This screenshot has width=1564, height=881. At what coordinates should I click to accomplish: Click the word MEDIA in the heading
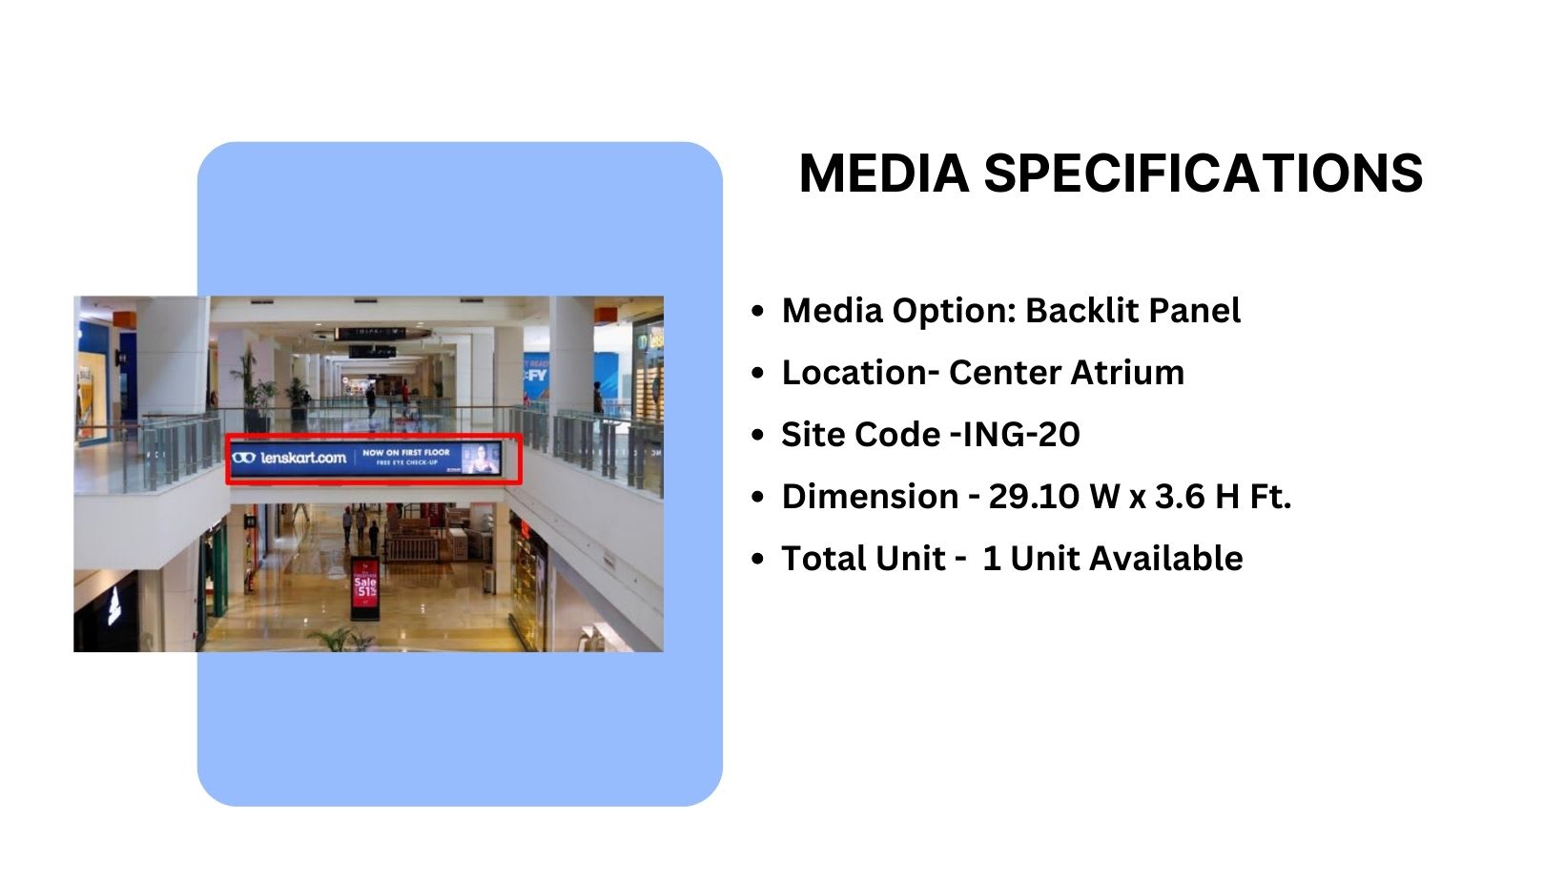pos(883,174)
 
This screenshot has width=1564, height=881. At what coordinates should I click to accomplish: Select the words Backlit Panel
pos(1133,311)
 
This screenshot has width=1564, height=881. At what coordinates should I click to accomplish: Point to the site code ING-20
pos(1020,435)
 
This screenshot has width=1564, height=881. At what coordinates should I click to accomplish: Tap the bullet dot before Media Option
pos(758,311)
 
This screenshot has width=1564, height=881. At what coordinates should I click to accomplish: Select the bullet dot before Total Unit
pos(758,559)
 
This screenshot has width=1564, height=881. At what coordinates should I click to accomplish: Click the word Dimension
pos(870,497)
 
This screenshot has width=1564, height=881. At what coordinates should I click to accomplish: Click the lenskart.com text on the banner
pos(303,459)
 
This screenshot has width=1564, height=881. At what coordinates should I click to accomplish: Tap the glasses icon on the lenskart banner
pos(244,459)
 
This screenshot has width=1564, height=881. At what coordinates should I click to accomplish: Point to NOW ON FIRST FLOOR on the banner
pos(405,452)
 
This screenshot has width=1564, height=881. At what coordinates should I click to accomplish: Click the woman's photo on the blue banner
pos(482,458)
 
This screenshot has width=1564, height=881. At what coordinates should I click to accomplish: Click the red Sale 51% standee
pos(364,587)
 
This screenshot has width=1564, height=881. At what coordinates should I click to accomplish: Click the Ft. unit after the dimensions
pos(1271,497)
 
